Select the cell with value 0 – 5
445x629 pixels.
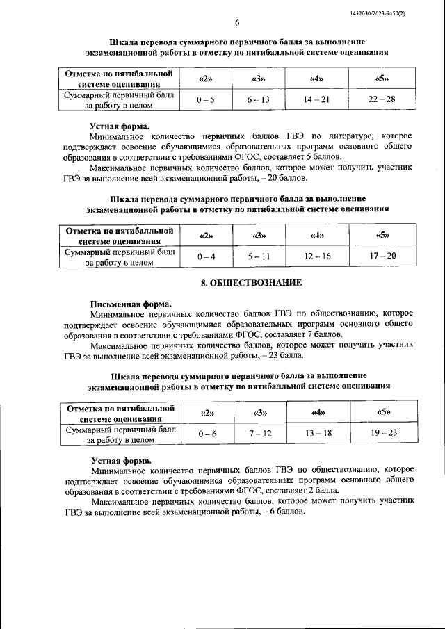[x=206, y=100]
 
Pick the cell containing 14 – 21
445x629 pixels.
[x=317, y=100]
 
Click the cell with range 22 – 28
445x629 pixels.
[x=382, y=100]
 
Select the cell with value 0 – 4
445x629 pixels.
[x=206, y=256]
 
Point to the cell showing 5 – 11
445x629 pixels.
[x=258, y=256]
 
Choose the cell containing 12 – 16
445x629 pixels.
[x=317, y=256]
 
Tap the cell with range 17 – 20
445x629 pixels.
[x=382, y=256]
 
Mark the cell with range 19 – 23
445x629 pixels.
[x=382, y=434]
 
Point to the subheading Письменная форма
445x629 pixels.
[x=131, y=304]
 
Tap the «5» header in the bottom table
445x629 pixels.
[x=382, y=413]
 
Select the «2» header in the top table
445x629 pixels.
[x=206, y=79]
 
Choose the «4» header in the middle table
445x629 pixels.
[x=317, y=235]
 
